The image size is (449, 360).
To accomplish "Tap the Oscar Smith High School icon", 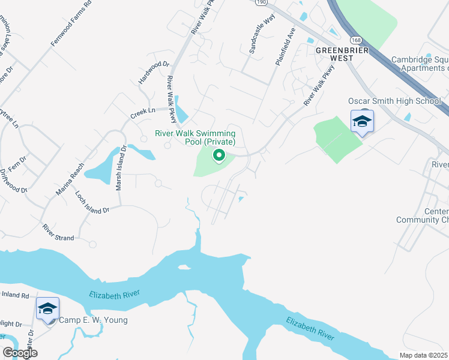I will (x=362, y=121).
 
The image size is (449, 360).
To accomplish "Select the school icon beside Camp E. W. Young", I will (x=47, y=309).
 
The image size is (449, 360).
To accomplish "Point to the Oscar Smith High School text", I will (x=394, y=101).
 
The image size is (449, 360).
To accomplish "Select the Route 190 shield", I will (x=259, y=2).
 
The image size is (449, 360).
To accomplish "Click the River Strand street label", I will (x=58, y=233).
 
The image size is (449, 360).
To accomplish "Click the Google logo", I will (x=20, y=353).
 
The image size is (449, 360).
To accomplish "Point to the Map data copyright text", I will (x=424, y=355).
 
